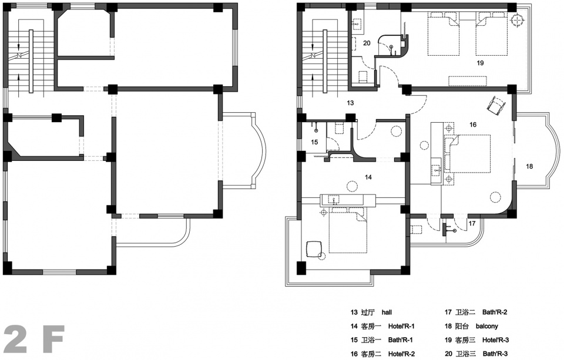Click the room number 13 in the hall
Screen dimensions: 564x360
[350, 103]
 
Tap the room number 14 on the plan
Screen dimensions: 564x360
[368, 177]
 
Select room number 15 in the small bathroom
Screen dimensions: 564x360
[314, 142]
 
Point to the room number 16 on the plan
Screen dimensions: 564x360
[472, 125]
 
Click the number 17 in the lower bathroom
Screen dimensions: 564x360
[472, 223]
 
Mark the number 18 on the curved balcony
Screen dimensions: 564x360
[529, 166]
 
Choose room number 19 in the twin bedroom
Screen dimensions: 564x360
[480, 63]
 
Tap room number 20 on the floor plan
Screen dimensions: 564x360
[367, 43]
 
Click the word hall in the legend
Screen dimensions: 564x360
[387, 312]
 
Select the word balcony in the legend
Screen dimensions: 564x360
[486, 326]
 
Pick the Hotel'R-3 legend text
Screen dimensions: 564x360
[495, 340]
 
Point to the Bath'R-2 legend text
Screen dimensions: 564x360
[495, 312]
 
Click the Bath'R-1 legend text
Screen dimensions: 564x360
[400, 340]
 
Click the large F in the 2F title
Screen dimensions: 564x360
[54, 339]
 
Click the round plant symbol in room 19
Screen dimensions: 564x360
[517, 20]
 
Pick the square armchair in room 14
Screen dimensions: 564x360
[314, 249]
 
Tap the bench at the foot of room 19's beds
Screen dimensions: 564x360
[467, 81]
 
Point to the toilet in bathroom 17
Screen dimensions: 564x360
[416, 229]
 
